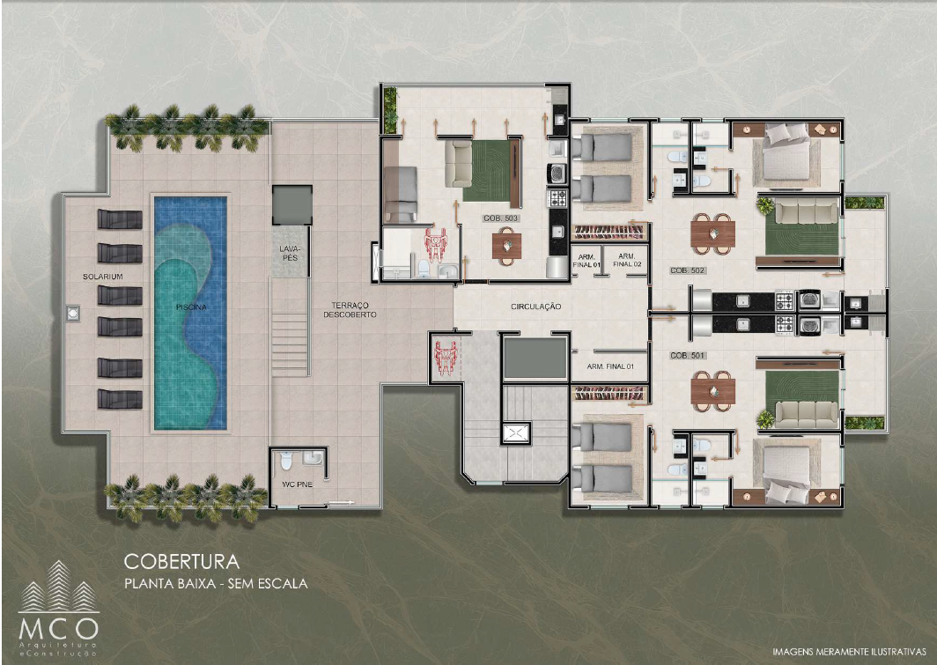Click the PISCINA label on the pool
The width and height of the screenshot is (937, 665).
tap(191, 307)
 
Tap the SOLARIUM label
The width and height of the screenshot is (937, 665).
tap(103, 277)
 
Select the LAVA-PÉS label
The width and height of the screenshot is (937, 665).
tap(290, 254)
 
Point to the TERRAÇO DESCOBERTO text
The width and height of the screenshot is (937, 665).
tap(350, 309)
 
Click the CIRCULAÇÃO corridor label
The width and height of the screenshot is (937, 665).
tap(536, 307)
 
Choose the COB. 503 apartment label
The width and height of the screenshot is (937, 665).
tap(501, 218)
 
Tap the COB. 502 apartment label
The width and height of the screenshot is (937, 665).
tap(688, 270)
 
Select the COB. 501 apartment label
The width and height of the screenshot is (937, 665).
tap(688, 356)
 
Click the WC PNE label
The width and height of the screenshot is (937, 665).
tap(297, 484)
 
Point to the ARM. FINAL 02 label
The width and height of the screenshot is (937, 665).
tap(627, 260)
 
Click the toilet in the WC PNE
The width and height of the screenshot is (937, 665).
tap(286, 460)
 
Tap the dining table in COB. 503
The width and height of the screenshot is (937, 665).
tap(506, 246)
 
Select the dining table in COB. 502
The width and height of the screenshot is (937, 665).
tap(713, 233)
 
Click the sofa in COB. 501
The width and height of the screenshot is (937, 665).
tap(806, 414)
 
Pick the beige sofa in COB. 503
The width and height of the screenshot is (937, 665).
tap(458, 164)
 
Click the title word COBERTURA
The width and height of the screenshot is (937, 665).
tap(181, 562)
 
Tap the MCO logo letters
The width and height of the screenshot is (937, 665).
tap(58, 629)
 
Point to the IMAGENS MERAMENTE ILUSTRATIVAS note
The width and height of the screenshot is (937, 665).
tap(849, 651)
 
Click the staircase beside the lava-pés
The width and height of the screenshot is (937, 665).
tap(291, 327)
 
